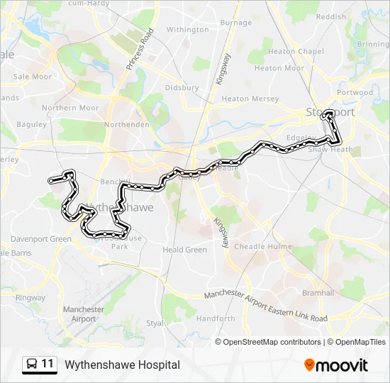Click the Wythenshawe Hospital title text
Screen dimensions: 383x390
[122, 365]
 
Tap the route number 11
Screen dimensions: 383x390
[48, 364]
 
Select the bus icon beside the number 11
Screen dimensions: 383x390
[32, 365]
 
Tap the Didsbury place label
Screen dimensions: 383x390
[182, 88]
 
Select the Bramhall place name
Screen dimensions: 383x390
[318, 293]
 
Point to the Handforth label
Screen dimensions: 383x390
[216, 319]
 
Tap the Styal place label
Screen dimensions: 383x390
[154, 323]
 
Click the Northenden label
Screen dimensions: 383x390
[126, 124]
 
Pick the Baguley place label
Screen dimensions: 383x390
[30, 124]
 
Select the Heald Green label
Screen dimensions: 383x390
[184, 250]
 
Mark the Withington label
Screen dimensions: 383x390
[187, 30]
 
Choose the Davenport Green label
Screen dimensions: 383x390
[40, 239]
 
